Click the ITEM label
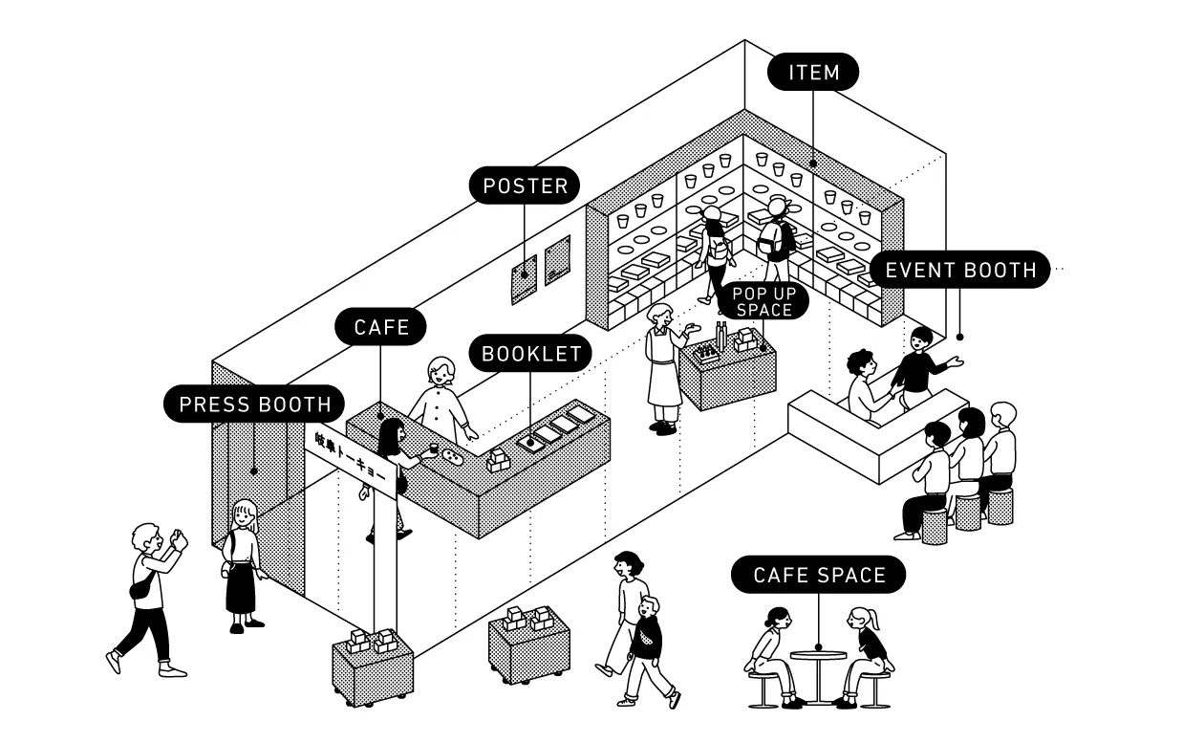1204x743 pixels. (x=813, y=72)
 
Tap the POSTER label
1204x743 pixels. (x=525, y=186)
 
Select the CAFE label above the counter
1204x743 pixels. (x=381, y=327)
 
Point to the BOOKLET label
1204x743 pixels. (x=531, y=354)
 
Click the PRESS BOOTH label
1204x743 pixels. (x=254, y=404)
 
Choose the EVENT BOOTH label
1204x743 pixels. (x=959, y=270)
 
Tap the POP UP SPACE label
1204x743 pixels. (x=763, y=301)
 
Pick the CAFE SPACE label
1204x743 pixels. (x=819, y=575)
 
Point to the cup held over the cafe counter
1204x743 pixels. (x=433, y=448)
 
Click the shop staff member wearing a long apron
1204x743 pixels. (x=662, y=368)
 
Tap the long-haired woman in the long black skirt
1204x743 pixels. (x=244, y=564)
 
